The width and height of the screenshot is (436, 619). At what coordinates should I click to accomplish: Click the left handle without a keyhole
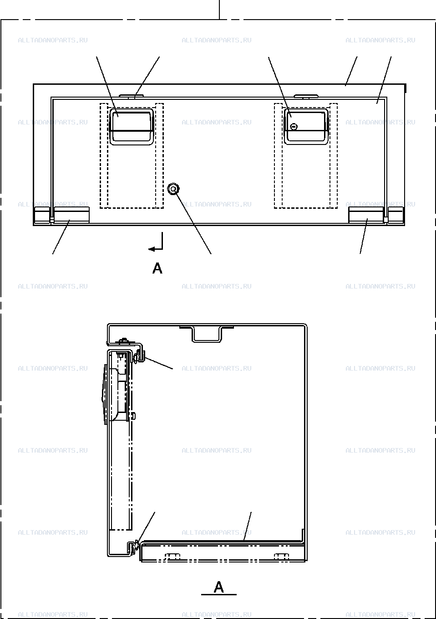[x=132, y=110]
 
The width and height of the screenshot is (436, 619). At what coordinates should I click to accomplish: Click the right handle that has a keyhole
[x=306, y=110]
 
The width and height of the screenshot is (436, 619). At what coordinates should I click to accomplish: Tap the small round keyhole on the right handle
[x=294, y=127]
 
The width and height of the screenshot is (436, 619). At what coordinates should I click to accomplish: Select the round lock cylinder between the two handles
[x=173, y=189]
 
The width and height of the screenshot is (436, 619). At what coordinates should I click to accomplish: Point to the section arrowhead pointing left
[x=152, y=249]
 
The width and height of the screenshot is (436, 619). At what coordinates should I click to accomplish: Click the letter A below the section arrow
[x=157, y=268]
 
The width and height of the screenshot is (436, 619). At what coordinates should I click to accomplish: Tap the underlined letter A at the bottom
[x=219, y=587]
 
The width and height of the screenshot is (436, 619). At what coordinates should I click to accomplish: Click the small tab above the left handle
[x=132, y=96]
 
